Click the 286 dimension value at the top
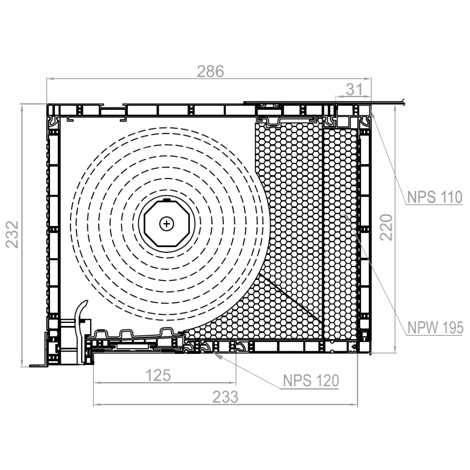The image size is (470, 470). (x=211, y=71)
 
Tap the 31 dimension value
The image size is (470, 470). (x=354, y=89)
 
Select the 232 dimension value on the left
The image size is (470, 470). (x=12, y=235)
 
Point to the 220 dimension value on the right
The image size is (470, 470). (x=386, y=228)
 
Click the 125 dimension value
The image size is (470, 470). (x=158, y=375)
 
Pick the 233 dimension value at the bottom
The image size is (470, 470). (x=225, y=397)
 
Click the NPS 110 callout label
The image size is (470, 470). (x=435, y=197)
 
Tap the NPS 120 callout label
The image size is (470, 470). (x=311, y=381)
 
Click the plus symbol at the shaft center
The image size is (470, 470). (x=167, y=224)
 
